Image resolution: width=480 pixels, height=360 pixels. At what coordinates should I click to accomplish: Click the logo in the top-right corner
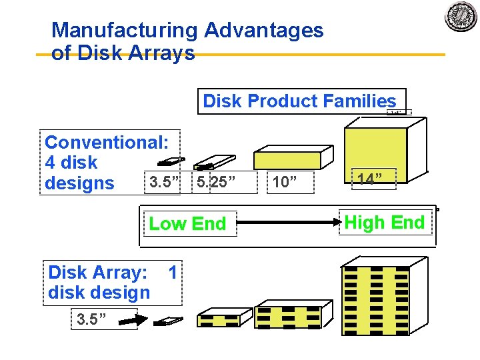pyautogui.click(x=461, y=17)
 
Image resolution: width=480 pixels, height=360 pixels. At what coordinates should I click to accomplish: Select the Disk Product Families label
pyautogui.click(x=299, y=101)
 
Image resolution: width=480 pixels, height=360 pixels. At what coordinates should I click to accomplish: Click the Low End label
pyautogui.click(x=187, y=224)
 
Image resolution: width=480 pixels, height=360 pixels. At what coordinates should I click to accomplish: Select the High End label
pyautogui.click(x=384, y=223)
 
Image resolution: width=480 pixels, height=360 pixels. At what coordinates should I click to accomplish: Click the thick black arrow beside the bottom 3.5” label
pyautogui.click(x=133, y=321)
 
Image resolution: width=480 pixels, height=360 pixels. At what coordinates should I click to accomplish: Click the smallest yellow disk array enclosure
pyautogui.click(x=220, y=319)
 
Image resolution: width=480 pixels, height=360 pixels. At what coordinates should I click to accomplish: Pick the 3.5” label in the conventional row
pyautogui.click(x=163, y=181)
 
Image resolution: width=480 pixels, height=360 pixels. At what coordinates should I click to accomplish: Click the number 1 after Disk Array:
pyautogui.click(x=173, y=272)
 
